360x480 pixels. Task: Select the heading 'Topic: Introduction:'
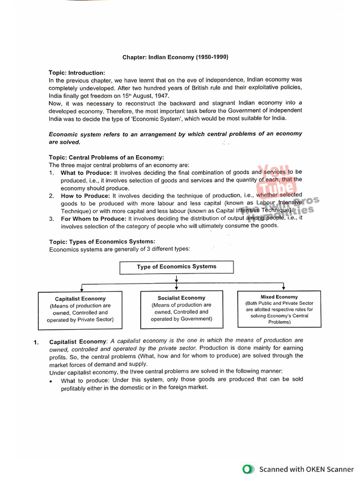[77, 73]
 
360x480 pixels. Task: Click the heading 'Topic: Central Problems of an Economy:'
[106, 157]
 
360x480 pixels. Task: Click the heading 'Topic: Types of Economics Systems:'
[102, 242]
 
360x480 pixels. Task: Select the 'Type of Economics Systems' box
[176, 267]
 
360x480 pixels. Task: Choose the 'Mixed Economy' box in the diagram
[279, 309]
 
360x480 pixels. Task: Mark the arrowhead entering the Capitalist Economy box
[82, 290]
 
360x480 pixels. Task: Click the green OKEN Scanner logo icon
[248, 469]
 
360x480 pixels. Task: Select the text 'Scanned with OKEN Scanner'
[307, 469]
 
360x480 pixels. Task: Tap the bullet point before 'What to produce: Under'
[51, 381]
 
